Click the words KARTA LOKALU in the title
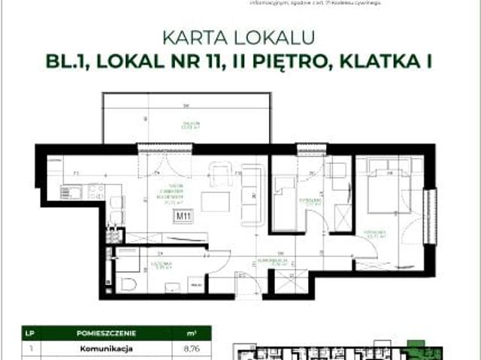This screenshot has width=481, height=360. click(x=240, y=36)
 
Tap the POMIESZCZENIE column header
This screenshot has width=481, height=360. click(x=121, y=331)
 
